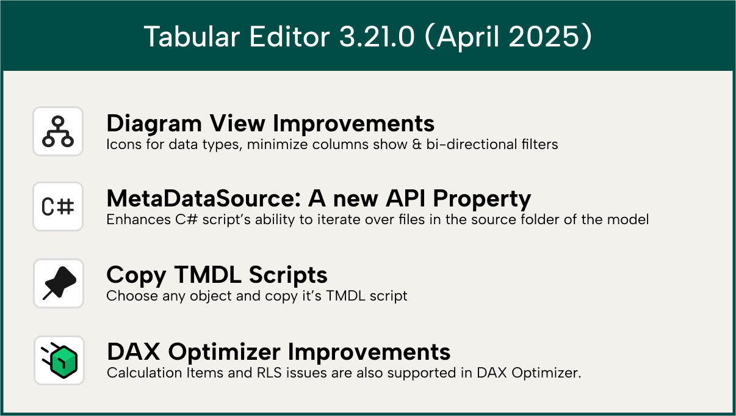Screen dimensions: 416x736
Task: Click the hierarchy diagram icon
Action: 58,131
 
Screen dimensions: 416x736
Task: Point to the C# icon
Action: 58,207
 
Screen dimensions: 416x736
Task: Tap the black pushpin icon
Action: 59,283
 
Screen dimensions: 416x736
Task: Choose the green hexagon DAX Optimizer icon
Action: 59,360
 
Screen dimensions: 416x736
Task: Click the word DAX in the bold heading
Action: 134,352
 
